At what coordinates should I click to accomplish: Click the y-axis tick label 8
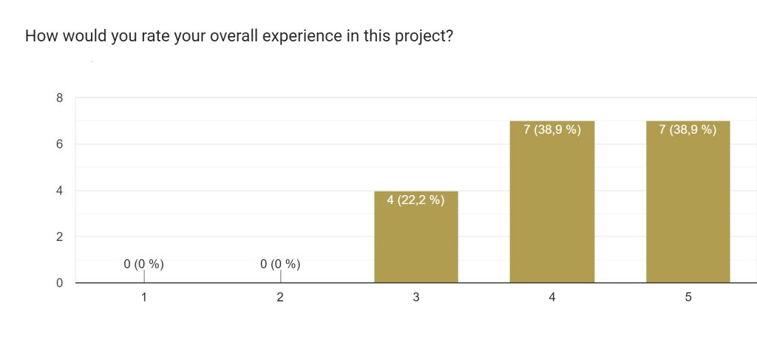click(59, 98)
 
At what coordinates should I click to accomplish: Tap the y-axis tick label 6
click(59, 144)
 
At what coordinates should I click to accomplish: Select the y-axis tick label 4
click(59, 191)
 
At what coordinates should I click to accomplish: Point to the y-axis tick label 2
click(59, 237)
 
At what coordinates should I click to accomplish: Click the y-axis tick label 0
click(59, 283)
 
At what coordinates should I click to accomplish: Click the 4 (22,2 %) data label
click(416, 199)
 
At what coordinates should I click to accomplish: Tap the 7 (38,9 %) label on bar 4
click(552, 130)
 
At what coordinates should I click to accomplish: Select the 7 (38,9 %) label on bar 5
click(688, 130)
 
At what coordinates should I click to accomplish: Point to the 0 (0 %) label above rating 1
click(144, 263)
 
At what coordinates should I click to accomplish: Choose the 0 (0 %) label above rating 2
click(280, 263)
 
